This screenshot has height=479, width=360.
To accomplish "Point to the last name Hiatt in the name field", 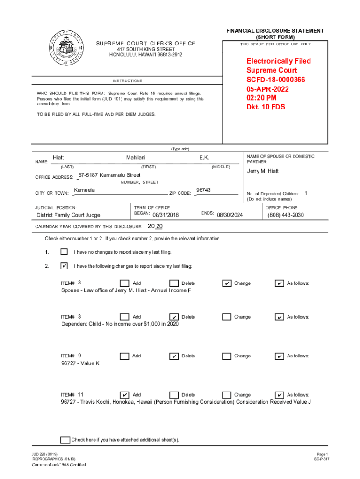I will pyautogui.click(x=58, y=158).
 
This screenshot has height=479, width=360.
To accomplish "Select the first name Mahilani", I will pyautogui.click(x=136, y=158).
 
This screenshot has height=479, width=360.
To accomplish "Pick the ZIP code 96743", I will pyautogui.click(x=203, y=190).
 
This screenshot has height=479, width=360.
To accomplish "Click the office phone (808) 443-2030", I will pyautogui.click(x=286, y=215).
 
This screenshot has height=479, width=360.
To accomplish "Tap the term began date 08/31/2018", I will pyautogui.click(x=166, y=215).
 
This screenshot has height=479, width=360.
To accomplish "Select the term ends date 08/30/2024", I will pyautogui.click(x=230, y=215).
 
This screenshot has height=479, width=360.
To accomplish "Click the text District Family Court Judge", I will pyautogui.click(x=68, y=215).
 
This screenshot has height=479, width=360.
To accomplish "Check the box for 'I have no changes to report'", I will pyautogui.click(x=64, y=252).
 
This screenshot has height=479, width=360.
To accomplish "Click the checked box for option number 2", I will pyautogui.click(x=64, y=266).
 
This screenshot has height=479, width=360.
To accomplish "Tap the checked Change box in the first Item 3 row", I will pyautogui.click(x=226, y=283).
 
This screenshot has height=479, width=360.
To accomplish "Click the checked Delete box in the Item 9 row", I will pyautogui.click(x=174, y=356).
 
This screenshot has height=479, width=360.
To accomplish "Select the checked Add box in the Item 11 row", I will pyautogui.click(x=124, y=395).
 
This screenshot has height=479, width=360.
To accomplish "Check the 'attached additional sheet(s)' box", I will pyautogui.click(x=65, y=440).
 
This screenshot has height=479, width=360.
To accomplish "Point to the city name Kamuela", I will pyautogui.click(x=84, y=190).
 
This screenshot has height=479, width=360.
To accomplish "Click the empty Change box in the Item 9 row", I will pyautogui.click(x=226, y=356).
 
